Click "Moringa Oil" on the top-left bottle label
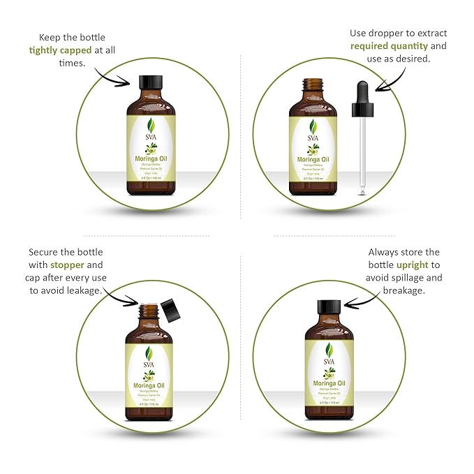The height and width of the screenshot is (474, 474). pyautogui.click(x=149, y=158)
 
